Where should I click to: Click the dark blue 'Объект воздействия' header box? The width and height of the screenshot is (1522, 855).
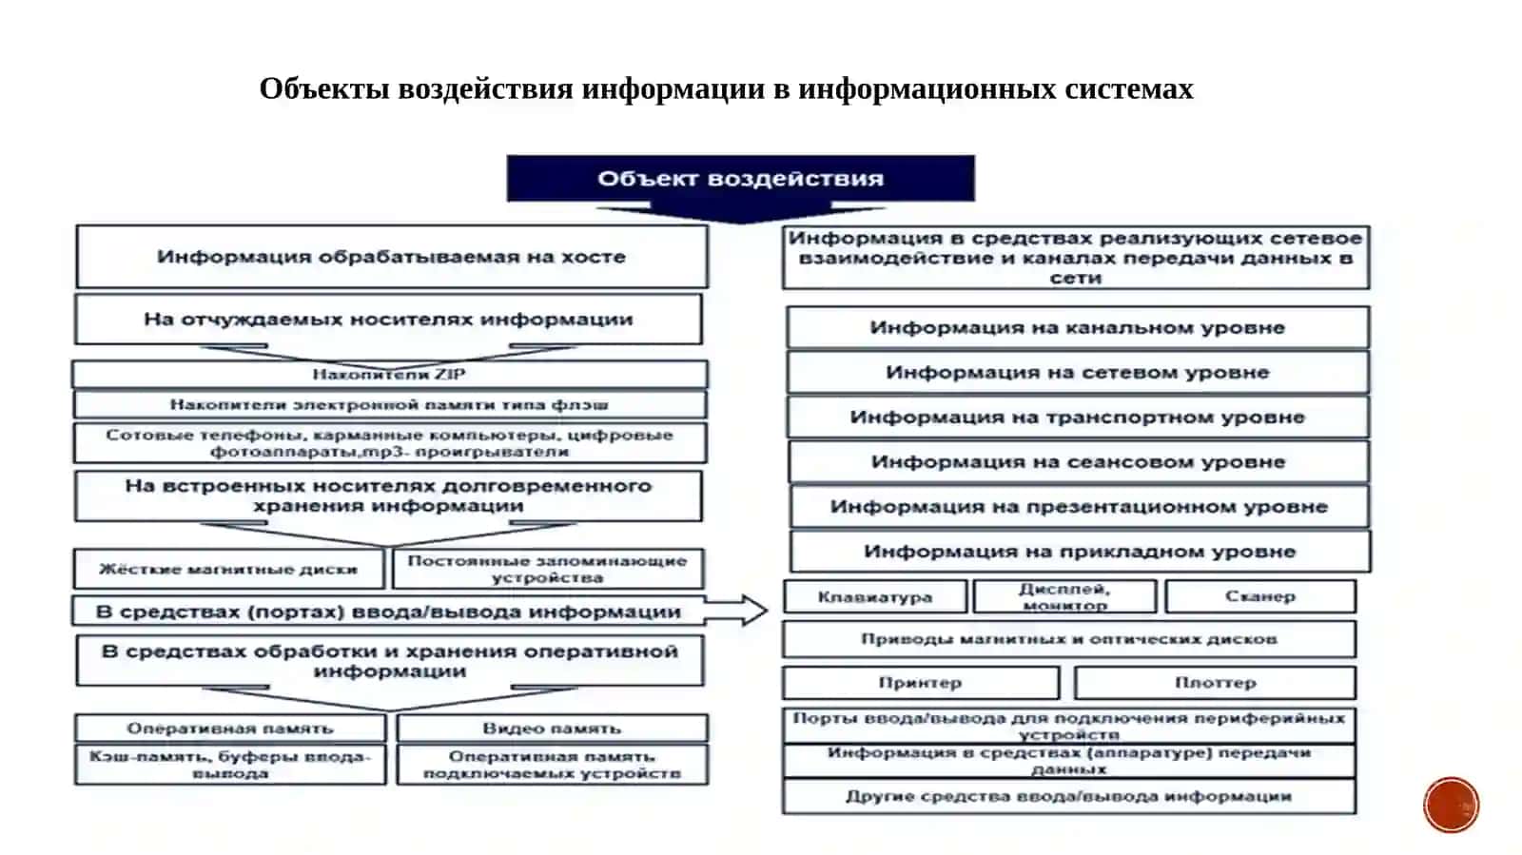741,179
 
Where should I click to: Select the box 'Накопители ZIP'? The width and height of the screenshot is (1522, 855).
390,374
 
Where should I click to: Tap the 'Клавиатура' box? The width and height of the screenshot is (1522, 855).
875,597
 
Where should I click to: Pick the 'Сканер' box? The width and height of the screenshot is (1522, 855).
1260,596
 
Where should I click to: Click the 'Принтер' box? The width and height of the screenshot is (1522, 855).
921,683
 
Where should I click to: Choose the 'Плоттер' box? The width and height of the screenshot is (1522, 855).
1215,683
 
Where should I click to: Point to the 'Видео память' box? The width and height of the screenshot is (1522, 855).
553,728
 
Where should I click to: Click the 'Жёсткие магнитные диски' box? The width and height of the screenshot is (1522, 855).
229,569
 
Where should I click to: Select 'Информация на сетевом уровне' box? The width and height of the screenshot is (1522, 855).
1079,372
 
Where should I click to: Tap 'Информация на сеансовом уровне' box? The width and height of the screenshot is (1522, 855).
1079,462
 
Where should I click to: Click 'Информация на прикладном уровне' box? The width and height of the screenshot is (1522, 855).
1081,551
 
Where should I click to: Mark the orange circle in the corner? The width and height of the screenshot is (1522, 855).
1452,805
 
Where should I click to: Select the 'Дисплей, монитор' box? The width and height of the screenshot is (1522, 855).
1064,597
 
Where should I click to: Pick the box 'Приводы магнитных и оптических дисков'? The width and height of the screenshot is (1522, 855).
1069,639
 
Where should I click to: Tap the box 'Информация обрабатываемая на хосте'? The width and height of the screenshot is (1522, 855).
392,257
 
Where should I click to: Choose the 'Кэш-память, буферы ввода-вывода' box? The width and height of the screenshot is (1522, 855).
230,765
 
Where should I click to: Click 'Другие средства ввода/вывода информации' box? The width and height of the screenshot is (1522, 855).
1069,797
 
